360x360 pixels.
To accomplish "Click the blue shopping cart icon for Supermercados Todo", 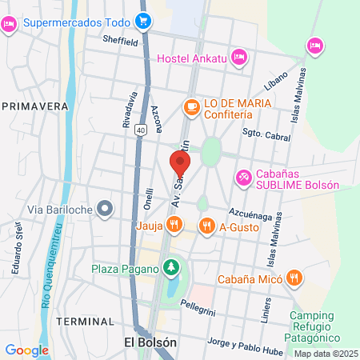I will (x=144, y=22).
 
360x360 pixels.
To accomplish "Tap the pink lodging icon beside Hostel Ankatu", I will (x=238, y=57).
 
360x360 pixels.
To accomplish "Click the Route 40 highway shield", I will (x=141, y=130).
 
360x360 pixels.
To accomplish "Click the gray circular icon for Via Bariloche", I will (x=105, y=210).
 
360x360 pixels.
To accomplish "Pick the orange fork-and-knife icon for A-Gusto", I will (x=206, y=226).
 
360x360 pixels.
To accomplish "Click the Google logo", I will (x=26, y=350).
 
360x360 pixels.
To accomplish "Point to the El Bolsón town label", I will (x=150, y=342).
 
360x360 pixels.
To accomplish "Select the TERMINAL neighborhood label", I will (x=85, y=322).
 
